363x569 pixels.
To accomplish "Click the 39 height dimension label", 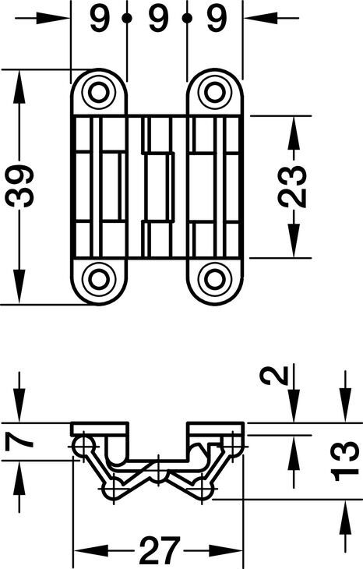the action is click(x=19, y=186).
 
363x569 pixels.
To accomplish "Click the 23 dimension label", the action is click(x=292, y=186).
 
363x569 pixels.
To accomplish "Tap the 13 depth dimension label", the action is click(x=345, y=461).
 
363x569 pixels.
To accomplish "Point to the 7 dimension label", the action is click(x=19, y=441).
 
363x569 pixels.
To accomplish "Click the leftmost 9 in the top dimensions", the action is click(x=100, y=18).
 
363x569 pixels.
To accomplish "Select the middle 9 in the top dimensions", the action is click(x=158, y=18).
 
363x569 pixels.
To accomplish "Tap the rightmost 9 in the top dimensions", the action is click(x=217, y=18).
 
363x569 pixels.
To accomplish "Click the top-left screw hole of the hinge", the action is click(x=98, y=92).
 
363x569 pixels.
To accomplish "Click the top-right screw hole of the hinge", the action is click(x=215, y=92).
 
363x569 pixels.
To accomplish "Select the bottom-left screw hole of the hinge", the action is click(x=98, y=280).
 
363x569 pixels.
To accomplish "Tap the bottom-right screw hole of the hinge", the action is click(x=215, y=280).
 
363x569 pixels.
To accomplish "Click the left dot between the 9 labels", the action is click(x=127, y=17).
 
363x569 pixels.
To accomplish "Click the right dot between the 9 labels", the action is click(x=187, y=17).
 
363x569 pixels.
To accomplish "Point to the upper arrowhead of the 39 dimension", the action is click(x=19, y=83).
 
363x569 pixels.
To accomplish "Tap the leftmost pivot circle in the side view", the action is click(x=83, y=445).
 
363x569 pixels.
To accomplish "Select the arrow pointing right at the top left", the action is click(x=53, y=18).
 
